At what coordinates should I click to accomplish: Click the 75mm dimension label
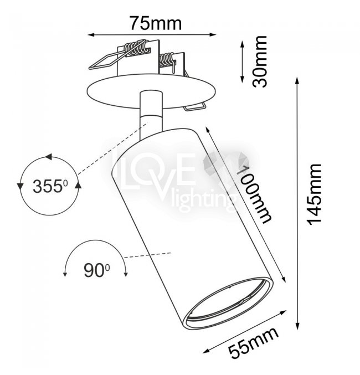(156, 23)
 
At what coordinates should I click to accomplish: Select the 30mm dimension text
(260, 61)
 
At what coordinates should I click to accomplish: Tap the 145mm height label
(314, 194)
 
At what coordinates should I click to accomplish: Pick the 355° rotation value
(50, 186)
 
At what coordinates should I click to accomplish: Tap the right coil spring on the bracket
(167, 60)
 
